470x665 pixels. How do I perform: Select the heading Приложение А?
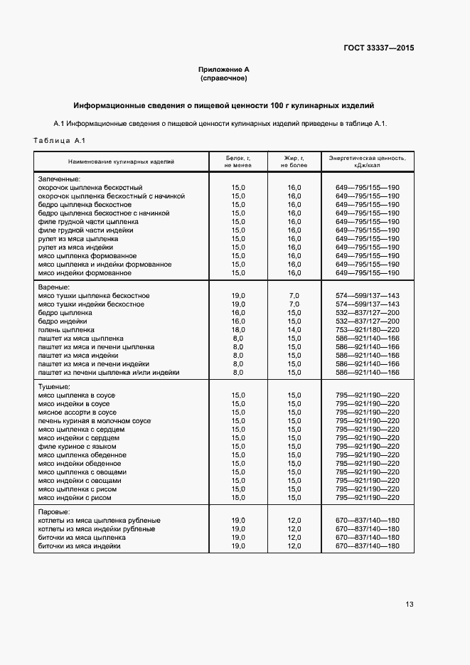(x=224, y=70)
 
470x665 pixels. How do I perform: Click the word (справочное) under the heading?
(x=224, y=78)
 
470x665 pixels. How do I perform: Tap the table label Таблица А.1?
(x=59, y=140)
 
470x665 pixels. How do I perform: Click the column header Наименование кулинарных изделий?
(x=121, y=161)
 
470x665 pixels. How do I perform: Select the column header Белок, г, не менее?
(x=238, y=161)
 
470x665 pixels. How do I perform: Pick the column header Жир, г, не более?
(x=294, y=161)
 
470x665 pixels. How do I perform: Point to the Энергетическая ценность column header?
(x=367, y=161)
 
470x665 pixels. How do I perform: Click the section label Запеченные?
(x=59, y=179)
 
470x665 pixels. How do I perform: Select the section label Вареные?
(x=54, y=287)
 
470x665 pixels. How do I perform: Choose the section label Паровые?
(x=54, y=512)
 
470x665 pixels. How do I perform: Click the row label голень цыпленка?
(x=66, y=330)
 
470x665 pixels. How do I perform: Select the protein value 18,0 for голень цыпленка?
(x=238, y=330)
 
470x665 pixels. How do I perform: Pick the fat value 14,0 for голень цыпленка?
(x=294, y=330)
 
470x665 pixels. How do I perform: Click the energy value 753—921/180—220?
(x=367, y=330)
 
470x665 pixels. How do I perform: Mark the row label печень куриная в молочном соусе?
(x=95, y=421)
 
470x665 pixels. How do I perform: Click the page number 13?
(x=409, y=605)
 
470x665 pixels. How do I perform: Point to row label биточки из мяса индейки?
(x=79, y=546)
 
